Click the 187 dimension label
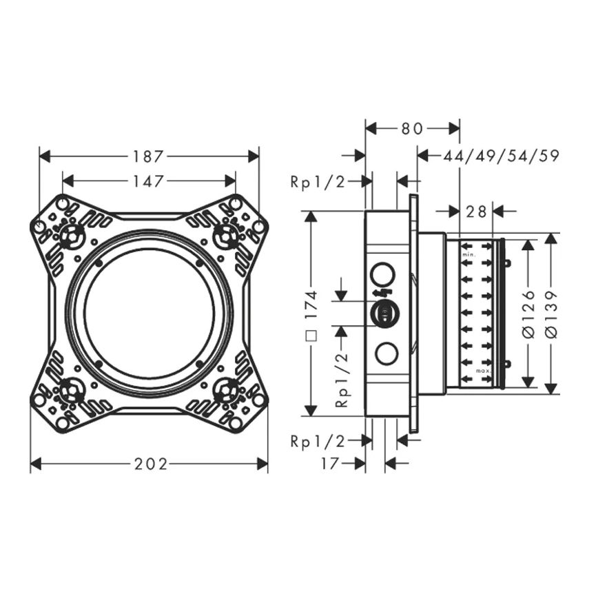point(148,156)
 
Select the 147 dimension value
point(148,181)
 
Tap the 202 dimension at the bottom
point(151,464)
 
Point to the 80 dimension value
point(412,129)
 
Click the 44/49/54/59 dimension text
point(502,156)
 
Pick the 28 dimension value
point(476,212)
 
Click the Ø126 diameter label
point(528,314)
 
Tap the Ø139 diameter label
point(551,314)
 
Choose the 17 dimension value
point(329,463)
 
